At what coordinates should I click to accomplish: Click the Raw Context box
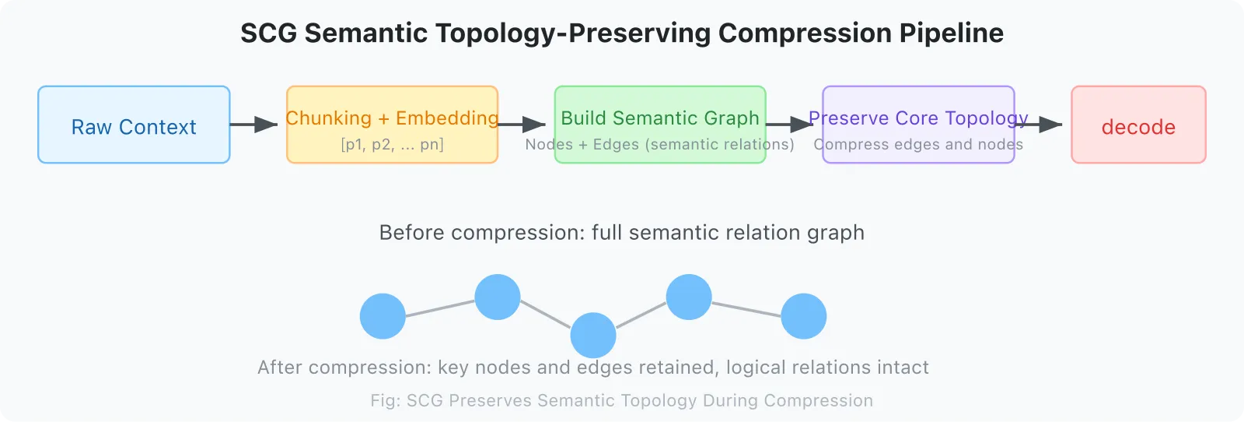tap(134, 125)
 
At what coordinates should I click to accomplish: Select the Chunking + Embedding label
tap(392, 118)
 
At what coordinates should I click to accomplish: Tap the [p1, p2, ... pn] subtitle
tap(392, 145)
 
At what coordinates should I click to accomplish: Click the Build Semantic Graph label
tap(660, 118)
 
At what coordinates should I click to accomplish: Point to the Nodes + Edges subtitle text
tap(659, 145)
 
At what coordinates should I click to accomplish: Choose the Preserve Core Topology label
tap(918, 118)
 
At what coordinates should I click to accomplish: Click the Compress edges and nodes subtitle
tap(918, 145)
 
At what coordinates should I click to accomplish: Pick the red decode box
tap(1138, 125)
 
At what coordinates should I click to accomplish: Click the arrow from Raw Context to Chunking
tap(254, 125)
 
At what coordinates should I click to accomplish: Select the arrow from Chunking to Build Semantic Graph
tap(522, 125)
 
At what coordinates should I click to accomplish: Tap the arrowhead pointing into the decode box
tap(1051, 125)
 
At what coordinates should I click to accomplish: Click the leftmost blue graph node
tap(383, 316)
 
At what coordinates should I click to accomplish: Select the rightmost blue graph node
tap(803, 316)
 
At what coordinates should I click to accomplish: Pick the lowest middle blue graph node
tap(593, 336)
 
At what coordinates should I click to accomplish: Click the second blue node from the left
tap(498, 297)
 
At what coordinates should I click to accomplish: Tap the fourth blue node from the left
tap(689, 297)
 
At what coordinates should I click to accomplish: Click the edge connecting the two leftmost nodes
tap(440, 308)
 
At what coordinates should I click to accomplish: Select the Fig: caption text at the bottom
tap(622, 401)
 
